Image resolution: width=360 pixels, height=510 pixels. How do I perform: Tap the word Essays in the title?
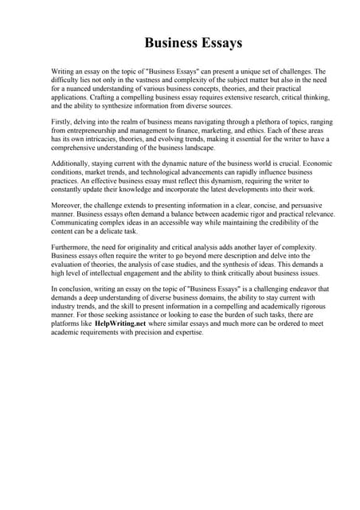point(216,41)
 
